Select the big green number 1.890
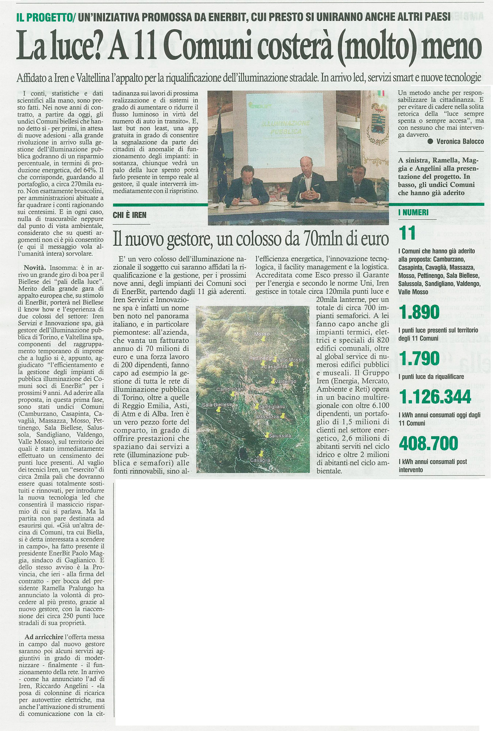419,312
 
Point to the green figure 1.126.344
435,397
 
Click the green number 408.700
428,443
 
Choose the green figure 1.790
419,358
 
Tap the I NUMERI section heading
413,212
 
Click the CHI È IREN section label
130,215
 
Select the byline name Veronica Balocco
460,141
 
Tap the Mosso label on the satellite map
262,334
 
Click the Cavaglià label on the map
260,460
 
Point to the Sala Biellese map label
217,405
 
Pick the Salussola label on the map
280,435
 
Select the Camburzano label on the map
232,389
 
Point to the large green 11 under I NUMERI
408,233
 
